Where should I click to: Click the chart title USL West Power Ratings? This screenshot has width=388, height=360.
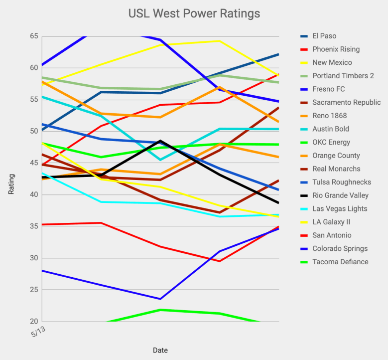[194, 13]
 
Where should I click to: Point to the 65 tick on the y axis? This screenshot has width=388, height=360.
[33, 36]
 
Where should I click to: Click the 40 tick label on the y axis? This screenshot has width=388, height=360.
[33, 194]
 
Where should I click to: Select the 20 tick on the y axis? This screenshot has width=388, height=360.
[33, 322]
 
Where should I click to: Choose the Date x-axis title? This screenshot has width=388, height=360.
[160, 350]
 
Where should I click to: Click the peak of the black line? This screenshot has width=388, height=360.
[160, 141]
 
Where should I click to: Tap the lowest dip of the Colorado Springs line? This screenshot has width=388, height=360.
[160, 299]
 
